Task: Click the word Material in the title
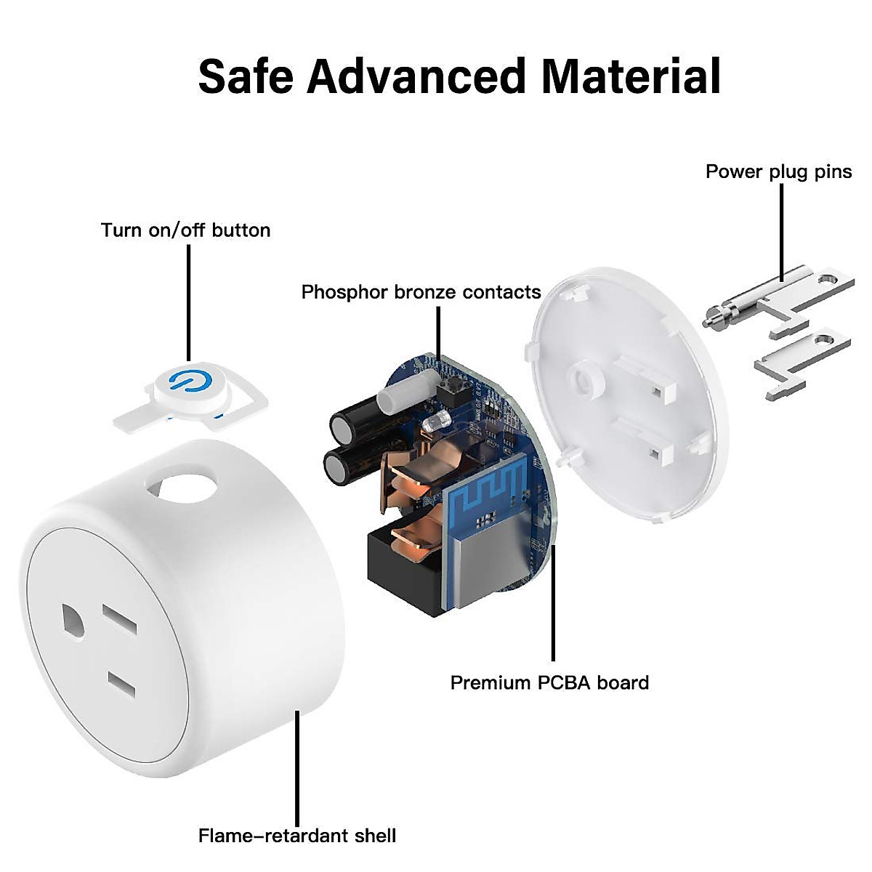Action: click(631, 76)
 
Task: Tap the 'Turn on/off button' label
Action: click(185, 230)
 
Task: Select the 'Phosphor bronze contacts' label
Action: click(421, 292)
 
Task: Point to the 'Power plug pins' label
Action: click(778, 171)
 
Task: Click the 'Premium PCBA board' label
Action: click(549, 683)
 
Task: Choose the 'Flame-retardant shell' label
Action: click(297, 835)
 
